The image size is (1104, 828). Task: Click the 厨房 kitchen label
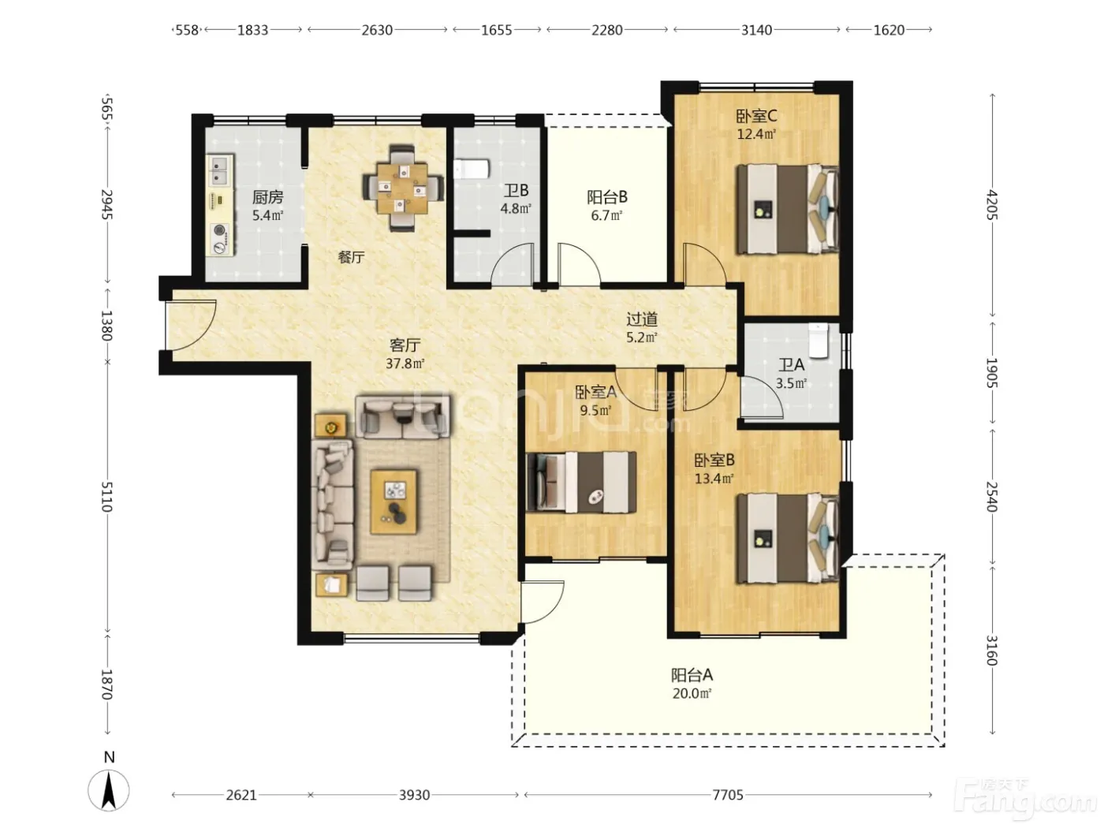pos(267,197)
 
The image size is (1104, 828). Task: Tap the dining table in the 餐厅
pos(403,188)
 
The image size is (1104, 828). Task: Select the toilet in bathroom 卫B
pos(472,169)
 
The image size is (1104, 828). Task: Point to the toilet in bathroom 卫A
pos(818,341)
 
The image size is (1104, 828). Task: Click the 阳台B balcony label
pos(607,197)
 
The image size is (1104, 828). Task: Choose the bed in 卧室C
pos(788,209)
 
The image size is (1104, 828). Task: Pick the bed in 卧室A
pos(581,482)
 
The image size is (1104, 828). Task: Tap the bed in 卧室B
pos(788,538)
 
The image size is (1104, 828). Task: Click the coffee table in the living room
pos(393,502)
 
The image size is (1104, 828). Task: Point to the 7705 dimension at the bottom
pos(728,795)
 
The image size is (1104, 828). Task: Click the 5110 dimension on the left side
pos(106,496)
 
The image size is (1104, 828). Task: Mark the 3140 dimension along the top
pos(756,30)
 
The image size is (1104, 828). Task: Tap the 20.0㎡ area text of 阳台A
pos(692,694)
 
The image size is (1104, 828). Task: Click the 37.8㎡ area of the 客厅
pos(405,363)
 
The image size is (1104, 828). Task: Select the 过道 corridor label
pos(642,319)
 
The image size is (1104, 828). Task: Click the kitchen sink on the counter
pos(221,171)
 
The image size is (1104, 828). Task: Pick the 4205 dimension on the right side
pos(992,204)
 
